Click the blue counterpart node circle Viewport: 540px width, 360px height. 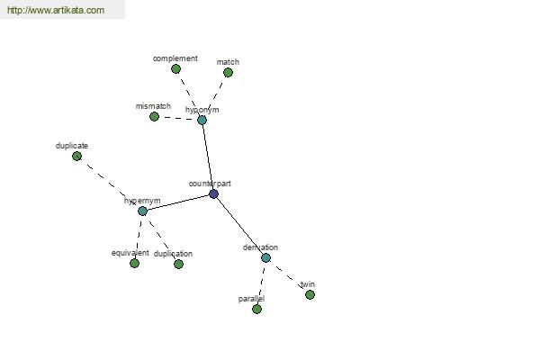tap(213, 194)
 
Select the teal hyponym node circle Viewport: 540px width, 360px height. tap(202, 120)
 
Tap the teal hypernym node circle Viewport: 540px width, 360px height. tap(142, 211)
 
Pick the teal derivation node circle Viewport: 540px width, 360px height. tap(265, 257)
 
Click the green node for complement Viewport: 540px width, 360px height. tap(175, 69)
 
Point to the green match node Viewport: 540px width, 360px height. tap(228, 72)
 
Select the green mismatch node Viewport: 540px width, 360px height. tap(154, 116)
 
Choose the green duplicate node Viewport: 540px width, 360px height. tap(76, 156)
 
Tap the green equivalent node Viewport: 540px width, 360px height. tap(134, 263)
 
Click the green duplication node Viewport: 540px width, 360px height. tap(178, 264)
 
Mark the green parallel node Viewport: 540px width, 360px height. tap(256, 309)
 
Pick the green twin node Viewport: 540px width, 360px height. tap(310, 294)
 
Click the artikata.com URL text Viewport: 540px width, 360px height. tap(56, 10)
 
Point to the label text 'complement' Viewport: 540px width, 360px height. tap(175, 58)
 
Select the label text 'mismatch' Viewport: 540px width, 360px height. tap(153, 106)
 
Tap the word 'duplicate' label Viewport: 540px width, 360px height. tap(72, 146)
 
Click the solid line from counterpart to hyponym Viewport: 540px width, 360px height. tap(208, 157)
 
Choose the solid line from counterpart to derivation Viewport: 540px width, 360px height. tap(239, 226)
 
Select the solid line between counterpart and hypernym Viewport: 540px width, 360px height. tap(178, 202)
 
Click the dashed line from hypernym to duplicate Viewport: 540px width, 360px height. tap(108, 182)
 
